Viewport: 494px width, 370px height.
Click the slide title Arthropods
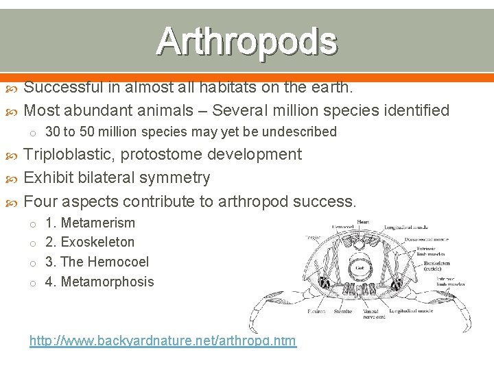[x=247, y=41]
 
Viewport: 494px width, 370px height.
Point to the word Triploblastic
[x=68, y=155]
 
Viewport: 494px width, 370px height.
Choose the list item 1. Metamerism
[x=90, y=223]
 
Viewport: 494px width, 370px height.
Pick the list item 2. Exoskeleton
[x=90, y=242]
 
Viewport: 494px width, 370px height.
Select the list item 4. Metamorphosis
[x=99, y=282]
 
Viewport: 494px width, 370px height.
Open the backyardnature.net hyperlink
[x=163, y=341]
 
